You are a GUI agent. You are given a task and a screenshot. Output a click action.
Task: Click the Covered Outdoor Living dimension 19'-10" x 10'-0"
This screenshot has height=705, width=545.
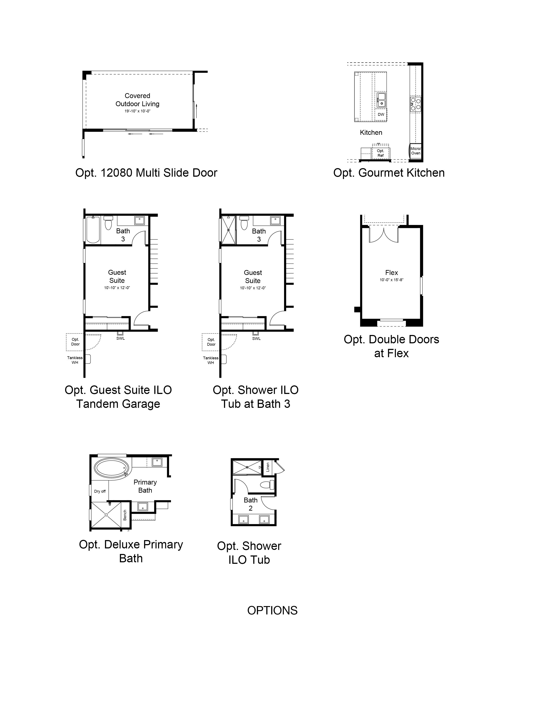tap(138, 111)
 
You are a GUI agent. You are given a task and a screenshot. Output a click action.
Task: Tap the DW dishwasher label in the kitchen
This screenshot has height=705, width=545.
tap(381, 114)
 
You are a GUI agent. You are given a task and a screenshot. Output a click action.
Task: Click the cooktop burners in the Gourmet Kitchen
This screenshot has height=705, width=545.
tap(415, 104)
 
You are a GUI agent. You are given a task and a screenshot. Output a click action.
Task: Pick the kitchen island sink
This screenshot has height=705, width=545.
tap(381, 100)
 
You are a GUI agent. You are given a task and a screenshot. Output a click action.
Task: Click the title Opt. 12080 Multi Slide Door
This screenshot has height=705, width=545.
tap(146, 173)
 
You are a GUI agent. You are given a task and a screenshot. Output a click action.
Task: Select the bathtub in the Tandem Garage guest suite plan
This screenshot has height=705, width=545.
tap(93, 229)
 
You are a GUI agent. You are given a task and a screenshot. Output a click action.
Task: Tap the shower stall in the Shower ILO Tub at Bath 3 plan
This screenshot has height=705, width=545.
tap(229, 230)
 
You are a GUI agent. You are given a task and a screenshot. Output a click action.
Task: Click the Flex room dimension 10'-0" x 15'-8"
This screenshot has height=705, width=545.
tap(391, 280)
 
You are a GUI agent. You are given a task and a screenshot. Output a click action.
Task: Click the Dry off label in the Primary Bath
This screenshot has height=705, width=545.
tap(100, 491)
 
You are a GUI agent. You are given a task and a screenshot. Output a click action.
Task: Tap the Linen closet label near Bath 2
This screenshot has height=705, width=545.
tap(268, 467)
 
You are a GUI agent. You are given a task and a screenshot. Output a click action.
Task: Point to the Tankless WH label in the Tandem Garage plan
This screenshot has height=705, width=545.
tap(75, 360)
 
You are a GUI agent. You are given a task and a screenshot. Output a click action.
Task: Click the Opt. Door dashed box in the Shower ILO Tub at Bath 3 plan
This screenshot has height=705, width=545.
tap(211, 342)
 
